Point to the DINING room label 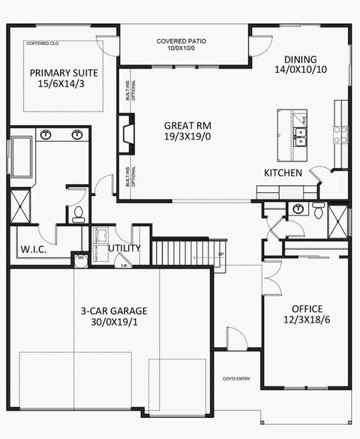tap(301, 60)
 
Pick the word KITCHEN tap(283, 173)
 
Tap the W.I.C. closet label tap(34, 248)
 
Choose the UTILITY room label tap(124, 248)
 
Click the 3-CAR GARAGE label tap(114, 311)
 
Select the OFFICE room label tap(306, 308)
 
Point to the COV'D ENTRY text tap(237, 379)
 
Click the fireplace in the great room tap(124, 134)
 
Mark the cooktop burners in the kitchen tap(340, 135)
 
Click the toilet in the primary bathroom tap(79, 215)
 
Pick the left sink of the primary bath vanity tap(46, 136)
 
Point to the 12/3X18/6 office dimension tap(306, 320)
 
